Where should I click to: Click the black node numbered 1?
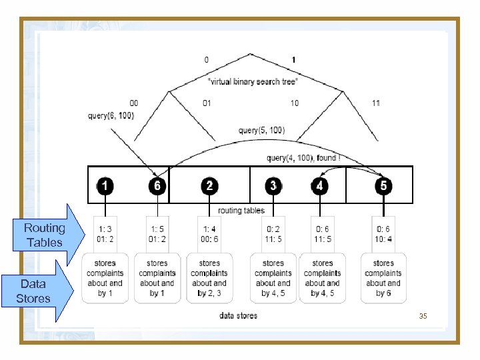click(x=105, y=185)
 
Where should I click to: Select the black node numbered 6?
click(x=157, y=185)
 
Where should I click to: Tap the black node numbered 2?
click(x=209, y=185)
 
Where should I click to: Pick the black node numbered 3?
click(x=273, y=185)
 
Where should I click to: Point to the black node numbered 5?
click(x=383, y=185)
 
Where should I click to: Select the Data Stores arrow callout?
click(x=37, y=291)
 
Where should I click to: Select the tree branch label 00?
click(x=134, y=103)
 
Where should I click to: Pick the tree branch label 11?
click(x=377, y=103)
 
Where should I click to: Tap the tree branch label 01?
click(x=207, y=103)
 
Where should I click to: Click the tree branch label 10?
click(x=295, y=103)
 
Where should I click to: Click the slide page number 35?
click(x=423, y=315)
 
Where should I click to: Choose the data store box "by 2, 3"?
click(x=209, y=278)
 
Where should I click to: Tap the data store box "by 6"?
click(x=383, y=278)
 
